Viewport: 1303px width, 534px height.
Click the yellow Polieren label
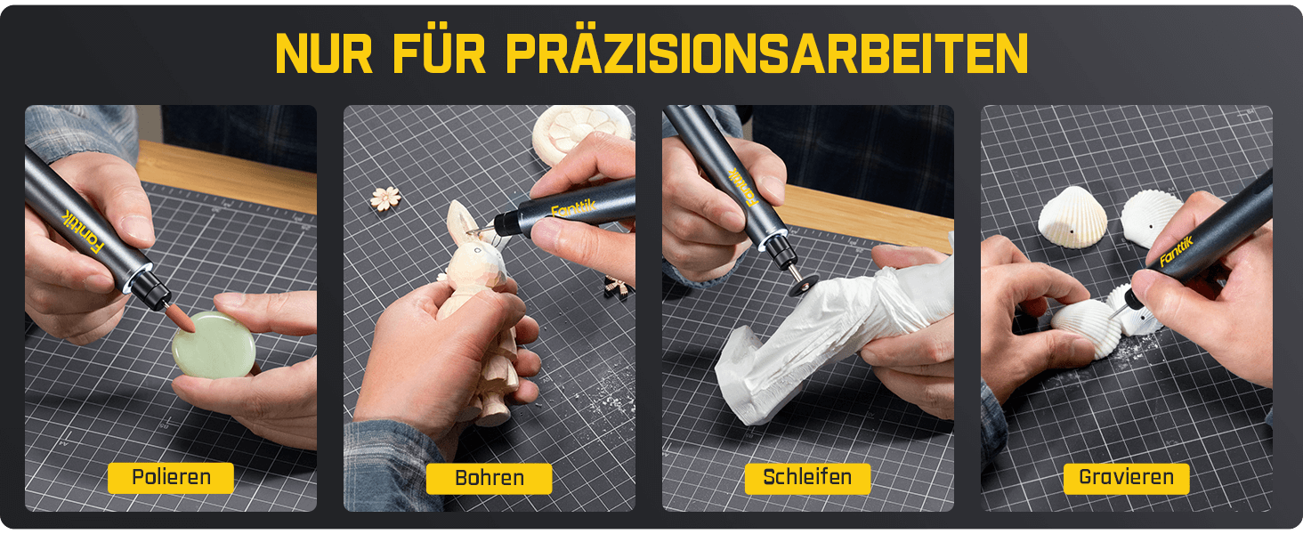[170, 478]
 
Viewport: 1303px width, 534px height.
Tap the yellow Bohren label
[489, 478]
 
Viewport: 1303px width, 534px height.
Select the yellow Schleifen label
[807, 478]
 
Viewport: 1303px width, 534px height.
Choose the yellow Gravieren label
[1126, 478]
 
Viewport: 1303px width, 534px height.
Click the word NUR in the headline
[324, 53]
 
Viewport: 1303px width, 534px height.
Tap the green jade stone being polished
[214, 344]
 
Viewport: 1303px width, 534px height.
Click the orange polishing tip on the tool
[181, 319]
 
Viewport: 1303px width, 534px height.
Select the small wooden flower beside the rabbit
[385, 198]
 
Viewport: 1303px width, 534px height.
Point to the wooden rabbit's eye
[478, 251]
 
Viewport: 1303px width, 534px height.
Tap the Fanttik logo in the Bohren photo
[573, 207]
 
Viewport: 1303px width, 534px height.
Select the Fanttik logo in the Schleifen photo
[743, 186]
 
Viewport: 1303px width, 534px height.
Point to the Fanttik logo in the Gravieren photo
[1177, 251]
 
